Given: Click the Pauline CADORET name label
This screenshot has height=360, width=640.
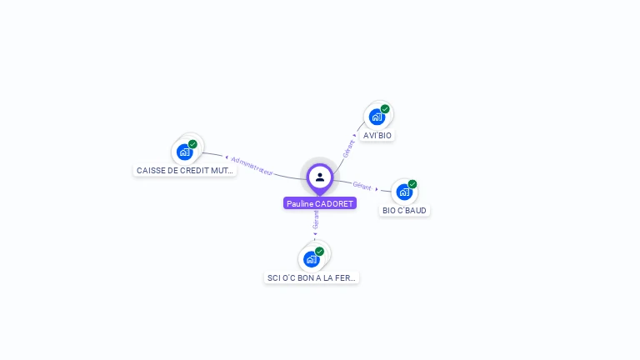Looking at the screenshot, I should click(x=320, y=203).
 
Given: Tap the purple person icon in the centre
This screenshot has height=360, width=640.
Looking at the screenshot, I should click(x=320, y=177).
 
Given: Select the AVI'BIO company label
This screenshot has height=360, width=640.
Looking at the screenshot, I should click(x=377, y=135).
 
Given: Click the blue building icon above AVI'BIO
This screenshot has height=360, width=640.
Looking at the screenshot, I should click(x=377, y=117).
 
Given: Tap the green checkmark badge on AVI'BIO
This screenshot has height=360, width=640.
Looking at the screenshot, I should click(x=385, y=109).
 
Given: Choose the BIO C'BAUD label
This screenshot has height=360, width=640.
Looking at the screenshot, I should click(x=404, y=211).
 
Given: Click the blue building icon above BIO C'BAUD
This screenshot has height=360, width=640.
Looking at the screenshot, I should click(x=404, y=192).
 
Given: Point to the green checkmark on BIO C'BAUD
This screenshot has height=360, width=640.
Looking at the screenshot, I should click(x=412, y=184).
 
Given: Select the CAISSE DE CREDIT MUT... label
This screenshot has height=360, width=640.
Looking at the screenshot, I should click(x=185, y=170).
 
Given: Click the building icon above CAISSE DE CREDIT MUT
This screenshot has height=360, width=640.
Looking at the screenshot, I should click(x=184, y=152).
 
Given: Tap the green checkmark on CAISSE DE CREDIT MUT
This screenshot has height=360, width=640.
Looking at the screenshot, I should click(x=192, y=144).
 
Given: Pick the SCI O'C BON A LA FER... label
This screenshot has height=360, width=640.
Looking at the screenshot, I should click(x=312, y=277).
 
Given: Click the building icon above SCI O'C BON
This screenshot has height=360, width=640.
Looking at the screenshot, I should click(x=311, y=259).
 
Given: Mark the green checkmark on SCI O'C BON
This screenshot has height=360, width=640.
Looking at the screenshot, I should click(x=319, y=251).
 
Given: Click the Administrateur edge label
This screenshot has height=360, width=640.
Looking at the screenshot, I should click(x=252, y=165).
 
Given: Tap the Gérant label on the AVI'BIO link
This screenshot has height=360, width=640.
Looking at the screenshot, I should click(x=349, y=148).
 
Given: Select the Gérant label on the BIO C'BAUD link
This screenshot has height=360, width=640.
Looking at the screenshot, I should click(x=362, y=186).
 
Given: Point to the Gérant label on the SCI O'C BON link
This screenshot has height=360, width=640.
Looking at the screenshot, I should click(x=316, y=220).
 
